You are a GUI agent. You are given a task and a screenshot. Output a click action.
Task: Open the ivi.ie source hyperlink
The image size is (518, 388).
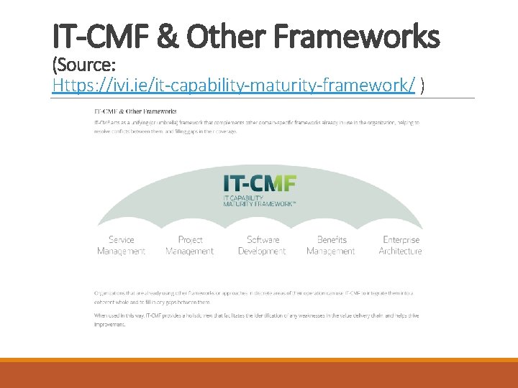[x=234, y=86]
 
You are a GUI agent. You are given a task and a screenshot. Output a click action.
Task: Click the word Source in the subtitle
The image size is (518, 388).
[x=87, y=66]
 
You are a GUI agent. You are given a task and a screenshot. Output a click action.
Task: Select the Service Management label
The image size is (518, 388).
[x=122, y=246]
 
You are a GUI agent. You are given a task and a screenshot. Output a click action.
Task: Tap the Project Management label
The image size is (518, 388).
[x=190, y=246]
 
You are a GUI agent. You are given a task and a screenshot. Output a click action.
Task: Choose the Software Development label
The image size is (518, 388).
[x=262, y=246]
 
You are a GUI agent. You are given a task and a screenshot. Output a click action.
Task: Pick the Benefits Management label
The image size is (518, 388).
[x=332, y=246]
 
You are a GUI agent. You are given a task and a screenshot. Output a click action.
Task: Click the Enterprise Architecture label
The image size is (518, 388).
[x=401, y=246]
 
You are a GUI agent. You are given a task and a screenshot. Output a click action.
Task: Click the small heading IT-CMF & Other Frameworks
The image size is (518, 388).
[x=135, y=111]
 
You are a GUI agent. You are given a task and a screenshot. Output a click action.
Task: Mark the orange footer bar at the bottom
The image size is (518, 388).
[x=259, y=374]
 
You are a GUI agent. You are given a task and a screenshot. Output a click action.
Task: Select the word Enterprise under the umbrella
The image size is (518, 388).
[x=401, y=240]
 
